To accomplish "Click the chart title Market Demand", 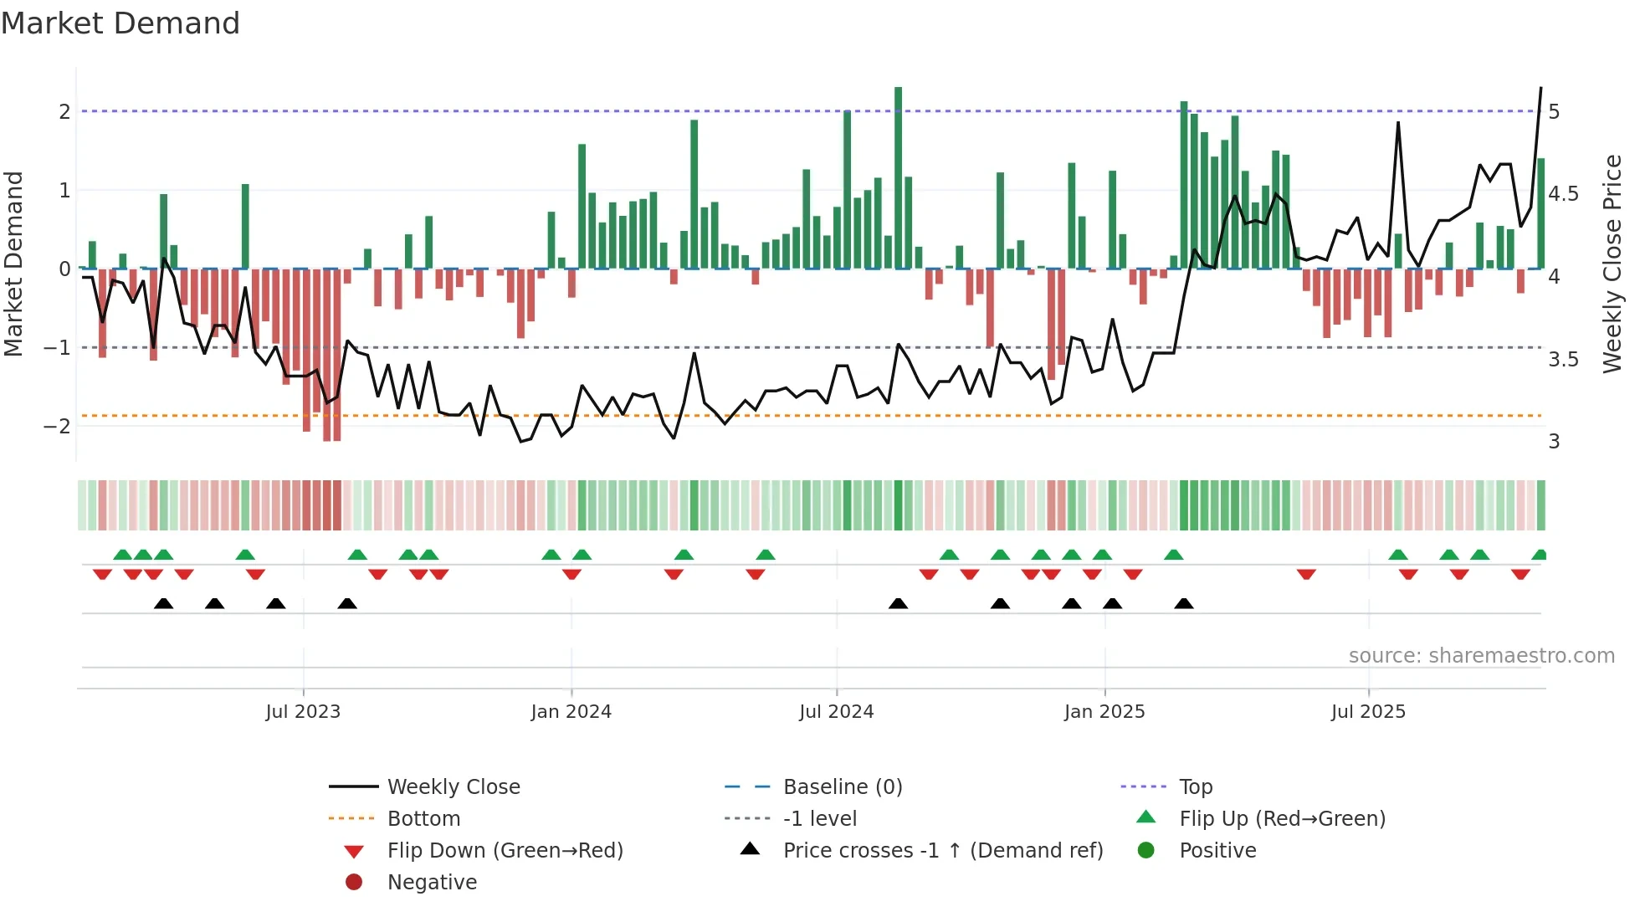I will [x=120, y=23].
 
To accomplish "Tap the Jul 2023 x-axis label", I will [x=303, y=712].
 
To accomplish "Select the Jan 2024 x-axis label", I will [x=571, y=712].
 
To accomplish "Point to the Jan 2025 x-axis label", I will [x=1104, y=712].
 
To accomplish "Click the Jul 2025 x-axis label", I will [x=1369, y=712].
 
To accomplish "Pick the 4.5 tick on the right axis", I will [x=1563, y=194].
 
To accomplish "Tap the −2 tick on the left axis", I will [x=57, y=426].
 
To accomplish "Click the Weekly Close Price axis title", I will [x=1612, y=264].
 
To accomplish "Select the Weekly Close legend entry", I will [x=454, y=787].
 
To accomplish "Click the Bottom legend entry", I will [x=423, y=819].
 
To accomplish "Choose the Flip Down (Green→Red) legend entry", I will [x=505, y=851].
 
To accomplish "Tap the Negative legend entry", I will [x=432, y=883].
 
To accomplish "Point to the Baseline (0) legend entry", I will [x=843, y=787].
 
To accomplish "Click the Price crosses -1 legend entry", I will [x=943, y=851].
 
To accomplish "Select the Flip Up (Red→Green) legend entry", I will [x=1282, y=819].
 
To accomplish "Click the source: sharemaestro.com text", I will [x=1481, y=656].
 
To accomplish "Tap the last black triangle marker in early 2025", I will [x=1183, y=603].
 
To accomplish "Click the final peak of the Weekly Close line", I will [x=1540, y=88].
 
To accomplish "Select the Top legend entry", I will [x=1196, y=787].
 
